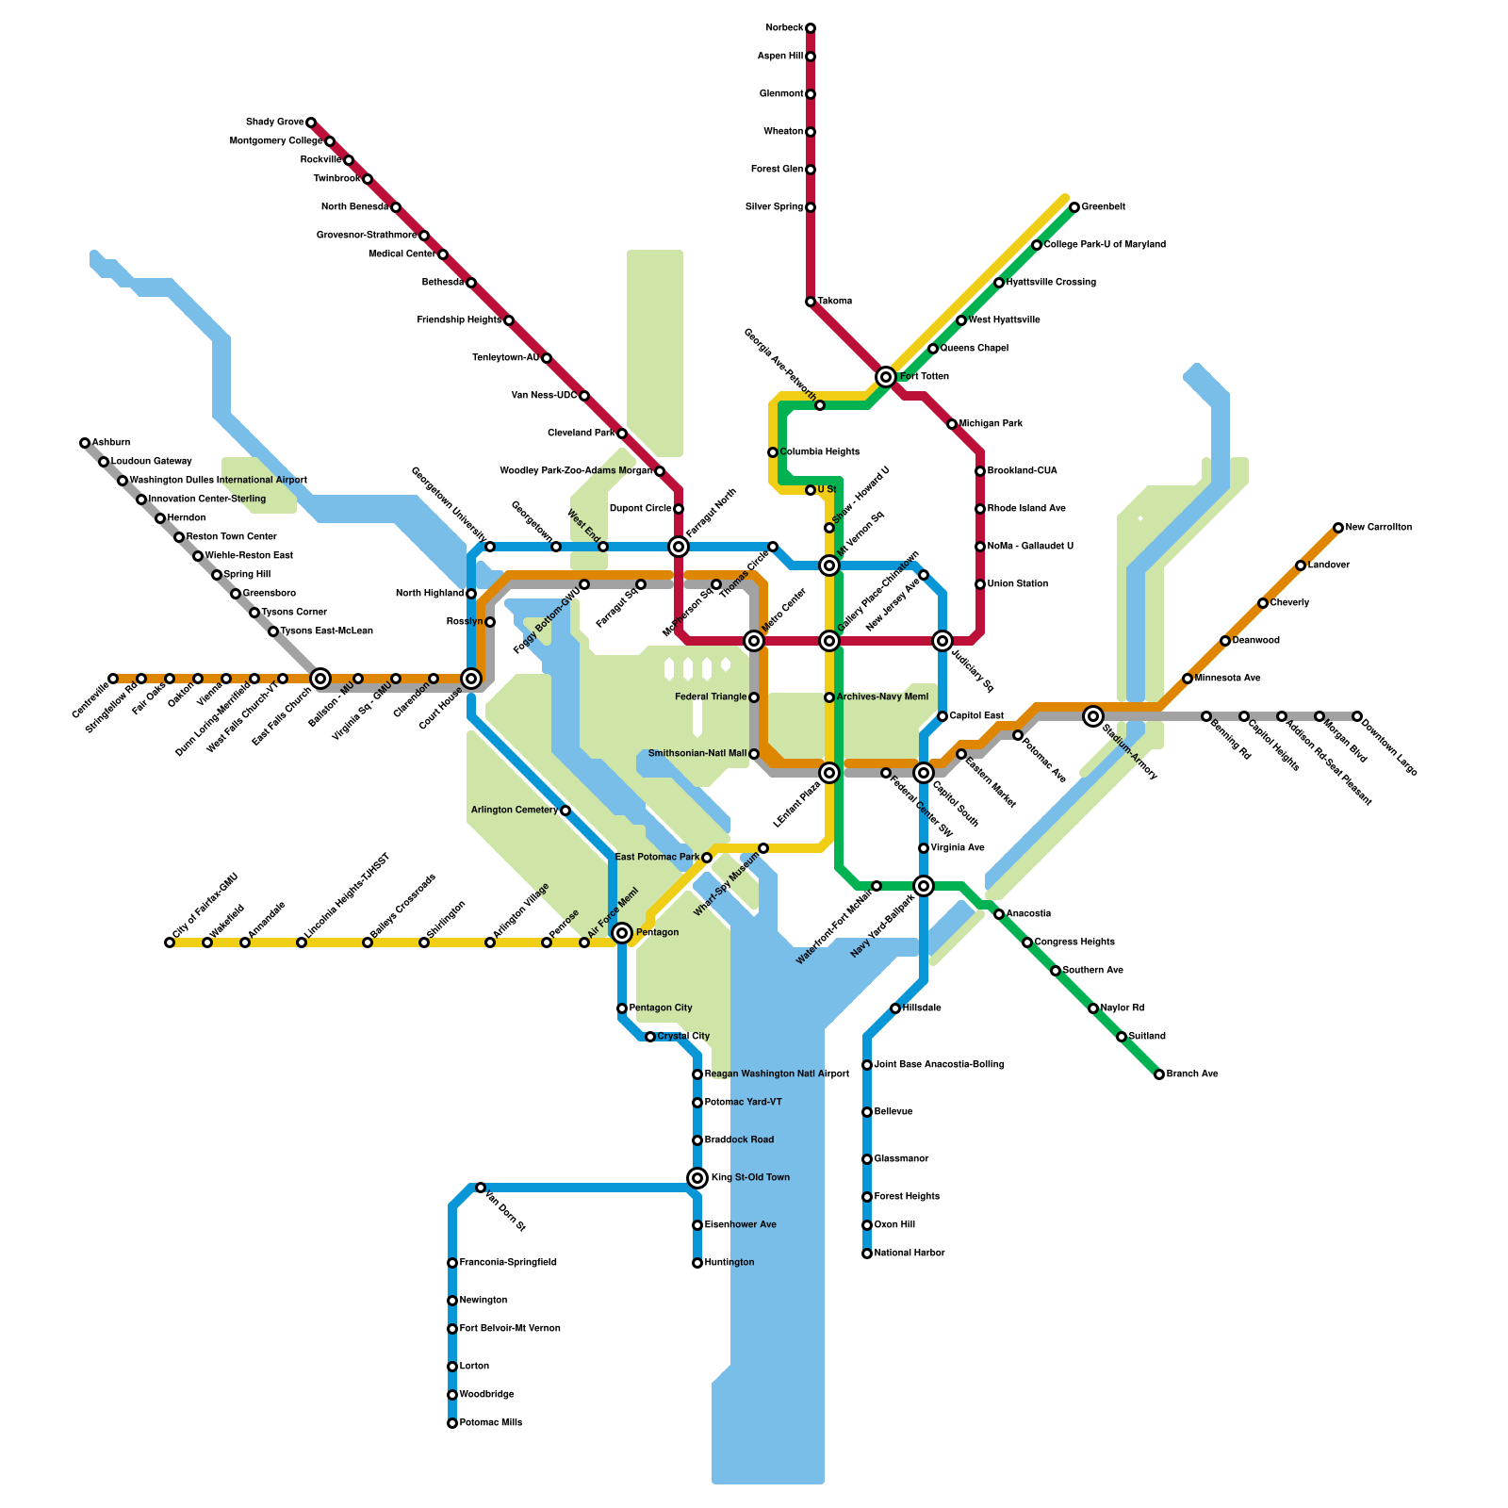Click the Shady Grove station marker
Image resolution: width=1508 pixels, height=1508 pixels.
click(x=311, y=123)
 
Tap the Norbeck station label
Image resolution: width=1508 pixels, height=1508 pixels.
click(x=784, y=28)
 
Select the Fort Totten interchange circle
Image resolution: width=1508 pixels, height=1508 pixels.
click(x=886, y=377)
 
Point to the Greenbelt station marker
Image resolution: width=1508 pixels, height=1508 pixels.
click(x=1074, y=207)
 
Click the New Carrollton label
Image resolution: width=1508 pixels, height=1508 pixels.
click(x=1378, y=528)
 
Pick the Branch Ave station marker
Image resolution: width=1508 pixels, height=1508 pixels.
click(x=1159, y=1074)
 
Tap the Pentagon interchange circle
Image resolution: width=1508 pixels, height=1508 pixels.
click(x=622, y=933)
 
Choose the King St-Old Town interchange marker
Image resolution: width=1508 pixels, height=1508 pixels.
click(x=697, y=1178)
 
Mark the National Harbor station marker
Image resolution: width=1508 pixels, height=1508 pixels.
click(x=867, y=1254)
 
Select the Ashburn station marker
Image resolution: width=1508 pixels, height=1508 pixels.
click(x=85, y=443)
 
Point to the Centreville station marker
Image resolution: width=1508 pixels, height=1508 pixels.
click(x=113, y=679)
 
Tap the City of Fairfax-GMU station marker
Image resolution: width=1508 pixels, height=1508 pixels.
click(x=170, y=942)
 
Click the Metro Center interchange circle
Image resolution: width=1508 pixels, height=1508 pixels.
click(x=754, y=641)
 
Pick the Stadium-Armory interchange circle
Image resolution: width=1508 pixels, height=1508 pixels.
click(x=1093, y=716)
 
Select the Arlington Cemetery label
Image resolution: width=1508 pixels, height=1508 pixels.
click(x=515, y=811)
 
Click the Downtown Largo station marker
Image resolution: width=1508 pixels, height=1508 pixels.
click(x=1357, y=716)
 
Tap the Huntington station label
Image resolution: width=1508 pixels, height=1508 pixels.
click(x=729, y=1263)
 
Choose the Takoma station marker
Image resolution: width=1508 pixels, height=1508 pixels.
click(x=811, y=302)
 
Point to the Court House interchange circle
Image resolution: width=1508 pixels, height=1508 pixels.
click(x=471, y=679)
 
